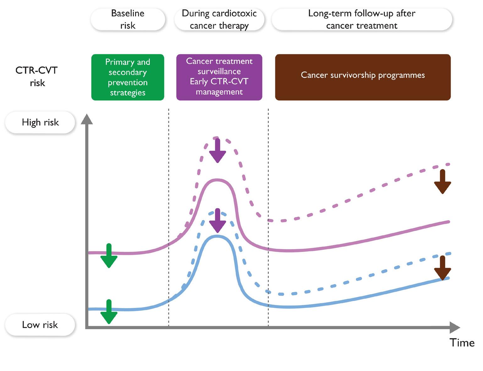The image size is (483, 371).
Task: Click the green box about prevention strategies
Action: pyautogui.click(x=128, y=77)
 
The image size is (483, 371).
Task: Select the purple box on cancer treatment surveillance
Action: pyautogui.click(x=219, y=77)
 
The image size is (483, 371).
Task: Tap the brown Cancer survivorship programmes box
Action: pyautogui.click(x=363, y=77)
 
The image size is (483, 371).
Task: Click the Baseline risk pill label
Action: pyautogui.click(x=128, y=19)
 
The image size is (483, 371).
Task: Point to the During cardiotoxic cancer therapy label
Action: pyautogui.click(x=219, y=19)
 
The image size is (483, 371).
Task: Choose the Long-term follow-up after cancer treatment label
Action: pyautogui.click(x=362, y=19)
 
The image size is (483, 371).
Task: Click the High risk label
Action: pyautogui.click(x=40, y=122)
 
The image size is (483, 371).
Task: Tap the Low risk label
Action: pyautogui.click(x=40, y=325)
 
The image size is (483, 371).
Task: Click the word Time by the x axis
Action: pyautogui.click(x=462, y=342)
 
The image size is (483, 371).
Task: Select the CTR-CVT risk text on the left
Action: pyautogui.click(x=37, y=76)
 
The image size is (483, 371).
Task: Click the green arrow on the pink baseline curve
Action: pyautogui.click(x=109, y=256)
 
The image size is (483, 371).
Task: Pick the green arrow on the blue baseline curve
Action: pyautogui.click(x=109, y=312)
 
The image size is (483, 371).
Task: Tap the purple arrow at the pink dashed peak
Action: pyautogui.click(x=217, y=150)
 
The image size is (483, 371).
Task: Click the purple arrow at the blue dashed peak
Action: pyautogui.click(x=217, y=221)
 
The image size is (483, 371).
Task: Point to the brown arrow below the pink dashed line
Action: pyautogui.click(x=442, y=182)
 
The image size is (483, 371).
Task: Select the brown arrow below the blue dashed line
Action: pyautogui.click(x=442, y=268)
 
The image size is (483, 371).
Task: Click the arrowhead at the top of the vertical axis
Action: pyautogui.click(x=87, y=119)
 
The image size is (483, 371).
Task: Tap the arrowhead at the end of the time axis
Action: pyautogui.click(x=455, y=327)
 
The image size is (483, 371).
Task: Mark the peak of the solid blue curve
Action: pyautogui.click(x=217, y=236)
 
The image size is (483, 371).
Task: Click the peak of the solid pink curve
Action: pyautogui.click(x=217, y=180)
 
